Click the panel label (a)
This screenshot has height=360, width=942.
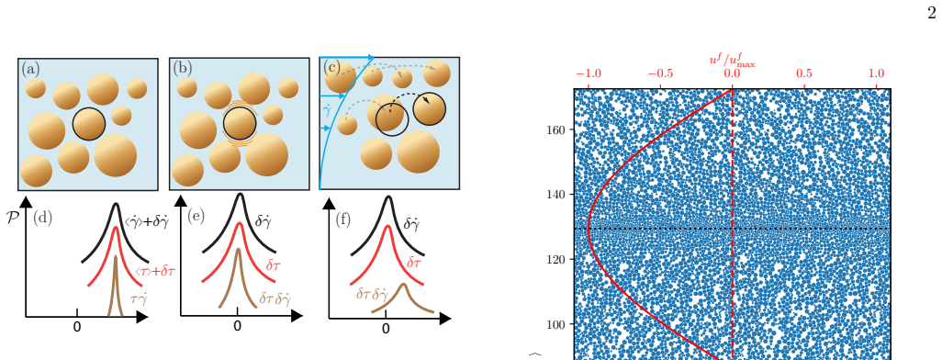point(30,69)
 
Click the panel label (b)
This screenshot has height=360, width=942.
point(183,68)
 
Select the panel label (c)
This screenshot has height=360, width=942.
point(331,67)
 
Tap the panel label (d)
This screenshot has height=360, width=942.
point(42,218)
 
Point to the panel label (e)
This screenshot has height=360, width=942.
point(196,216)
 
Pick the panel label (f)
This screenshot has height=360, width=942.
point(343,219)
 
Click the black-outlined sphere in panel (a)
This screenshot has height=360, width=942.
point(89,124)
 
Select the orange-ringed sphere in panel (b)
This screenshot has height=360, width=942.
point(240,124)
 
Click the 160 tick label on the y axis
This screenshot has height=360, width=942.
point(557,129)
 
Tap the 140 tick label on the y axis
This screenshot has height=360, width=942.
point(557,194)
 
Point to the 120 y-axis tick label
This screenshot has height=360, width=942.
point(557,259)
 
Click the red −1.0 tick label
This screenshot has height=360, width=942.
point(589,73)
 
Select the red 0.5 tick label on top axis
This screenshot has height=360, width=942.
point(804,73)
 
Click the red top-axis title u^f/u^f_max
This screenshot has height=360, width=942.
point(732,60)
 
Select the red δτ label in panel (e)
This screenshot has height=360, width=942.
point(274,264)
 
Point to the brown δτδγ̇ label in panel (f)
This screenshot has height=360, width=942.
point(371,294)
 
